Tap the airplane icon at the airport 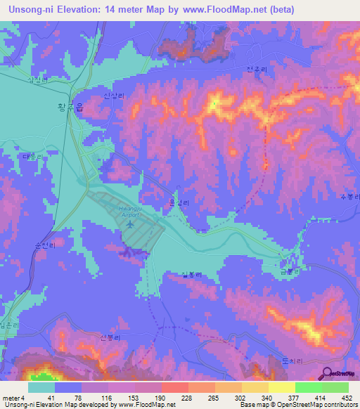[x=131, y=224]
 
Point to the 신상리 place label [x=112, y=95]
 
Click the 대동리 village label [x=32, y=156]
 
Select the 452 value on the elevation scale [x=347, y=397]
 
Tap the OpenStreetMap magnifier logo [x=328, y=372]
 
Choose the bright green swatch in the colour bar [x=309, y=387]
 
